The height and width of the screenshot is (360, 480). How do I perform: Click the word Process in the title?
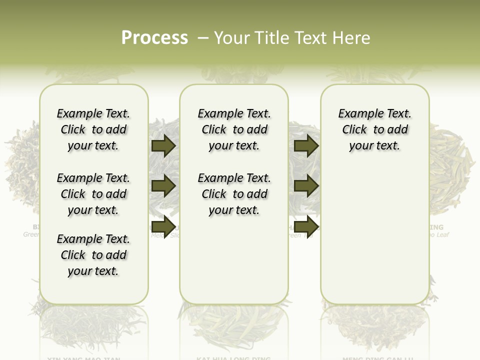point(154,37)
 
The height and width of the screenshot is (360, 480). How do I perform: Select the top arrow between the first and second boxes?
point(163,145)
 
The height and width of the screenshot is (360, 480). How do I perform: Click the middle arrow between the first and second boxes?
point(163,186)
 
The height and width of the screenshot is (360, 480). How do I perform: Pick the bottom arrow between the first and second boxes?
point(163,225)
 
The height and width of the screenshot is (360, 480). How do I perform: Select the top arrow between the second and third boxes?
point(306,145)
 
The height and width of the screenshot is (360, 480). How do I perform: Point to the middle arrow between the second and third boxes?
point(306,186)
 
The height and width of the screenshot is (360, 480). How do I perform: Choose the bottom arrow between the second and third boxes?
point(306,225)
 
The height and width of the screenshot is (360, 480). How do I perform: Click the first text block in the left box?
point(93,129)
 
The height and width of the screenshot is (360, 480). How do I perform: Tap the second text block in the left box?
point(93,194)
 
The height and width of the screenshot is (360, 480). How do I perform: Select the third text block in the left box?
point(93,255)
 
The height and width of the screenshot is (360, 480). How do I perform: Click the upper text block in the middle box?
point(234,129)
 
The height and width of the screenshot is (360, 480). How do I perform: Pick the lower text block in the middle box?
point(234,194)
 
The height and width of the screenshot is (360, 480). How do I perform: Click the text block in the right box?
point(374,129)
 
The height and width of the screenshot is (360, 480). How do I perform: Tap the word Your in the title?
point(230,38)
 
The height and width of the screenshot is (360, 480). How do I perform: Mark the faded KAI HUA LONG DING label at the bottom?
point(233,357)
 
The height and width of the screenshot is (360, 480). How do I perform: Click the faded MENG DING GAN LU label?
point(377,357)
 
